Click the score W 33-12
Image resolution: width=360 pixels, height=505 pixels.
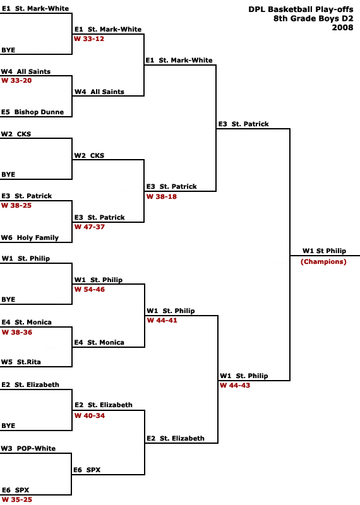pos(89,39)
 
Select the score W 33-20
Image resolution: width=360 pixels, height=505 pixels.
pos(17,81)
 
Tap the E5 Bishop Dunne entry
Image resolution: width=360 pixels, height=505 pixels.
pos(33,112)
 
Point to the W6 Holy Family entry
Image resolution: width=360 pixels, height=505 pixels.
pos(30,238)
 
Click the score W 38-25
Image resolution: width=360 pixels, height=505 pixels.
pos(17,206)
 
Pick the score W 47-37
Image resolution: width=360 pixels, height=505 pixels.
pos(90,227)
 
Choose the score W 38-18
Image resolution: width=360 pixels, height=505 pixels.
pos(162,197)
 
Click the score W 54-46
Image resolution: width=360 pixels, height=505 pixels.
pos(90,290)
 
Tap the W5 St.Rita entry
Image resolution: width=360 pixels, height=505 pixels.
pos(21,362)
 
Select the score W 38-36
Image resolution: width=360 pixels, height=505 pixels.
pos(17,333)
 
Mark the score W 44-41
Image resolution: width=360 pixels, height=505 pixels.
pos(162,321)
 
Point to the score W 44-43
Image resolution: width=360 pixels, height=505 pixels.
pos(235,386)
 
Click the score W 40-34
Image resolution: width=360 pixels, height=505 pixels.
pos(90,416)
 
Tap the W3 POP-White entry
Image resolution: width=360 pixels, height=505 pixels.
pos(28,448)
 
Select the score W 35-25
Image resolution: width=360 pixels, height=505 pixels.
pos(17,499)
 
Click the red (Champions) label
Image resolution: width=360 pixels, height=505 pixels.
pos(323,262)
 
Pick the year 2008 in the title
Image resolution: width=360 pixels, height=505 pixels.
pos(342,28)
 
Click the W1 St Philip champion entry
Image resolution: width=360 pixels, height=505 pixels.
pos(324,251)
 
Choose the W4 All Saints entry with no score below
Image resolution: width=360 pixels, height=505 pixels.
pos(99,92)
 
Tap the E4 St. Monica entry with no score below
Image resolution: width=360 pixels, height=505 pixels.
pos(99,342)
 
